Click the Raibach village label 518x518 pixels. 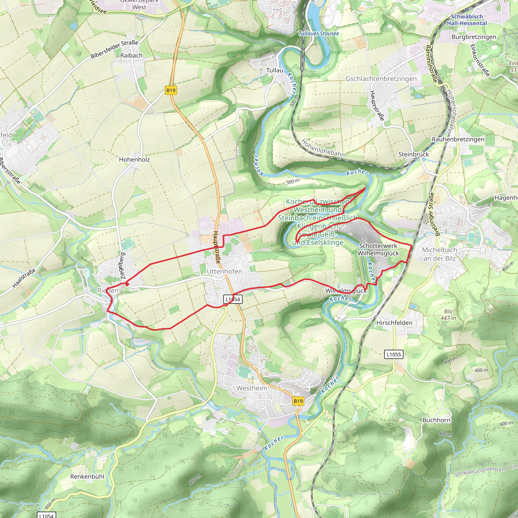131,55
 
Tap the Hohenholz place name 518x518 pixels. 134,160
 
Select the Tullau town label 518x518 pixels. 274,70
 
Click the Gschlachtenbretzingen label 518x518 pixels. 381,79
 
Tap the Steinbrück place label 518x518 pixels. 414,155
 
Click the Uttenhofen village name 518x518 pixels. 224,271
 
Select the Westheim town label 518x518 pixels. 252,388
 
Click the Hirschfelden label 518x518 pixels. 394,323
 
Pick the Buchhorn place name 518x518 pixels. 436,420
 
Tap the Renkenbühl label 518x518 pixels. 87,477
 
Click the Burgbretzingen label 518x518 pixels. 474,37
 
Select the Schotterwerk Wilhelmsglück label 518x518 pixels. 378,249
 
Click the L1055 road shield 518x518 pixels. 394,354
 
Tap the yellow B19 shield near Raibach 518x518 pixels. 171,90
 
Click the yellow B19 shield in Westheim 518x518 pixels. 298,401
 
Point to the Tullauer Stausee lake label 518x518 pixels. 319,34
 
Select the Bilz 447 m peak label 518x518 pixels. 448,315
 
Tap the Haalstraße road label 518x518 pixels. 24,279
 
